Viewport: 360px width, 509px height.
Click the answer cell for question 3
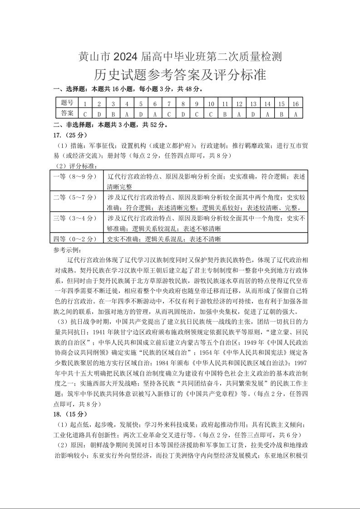113,113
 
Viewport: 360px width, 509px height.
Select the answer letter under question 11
225,113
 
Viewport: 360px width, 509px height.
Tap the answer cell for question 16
296,113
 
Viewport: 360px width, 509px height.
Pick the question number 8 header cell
182,103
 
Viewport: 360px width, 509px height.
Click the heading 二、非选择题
73,124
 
